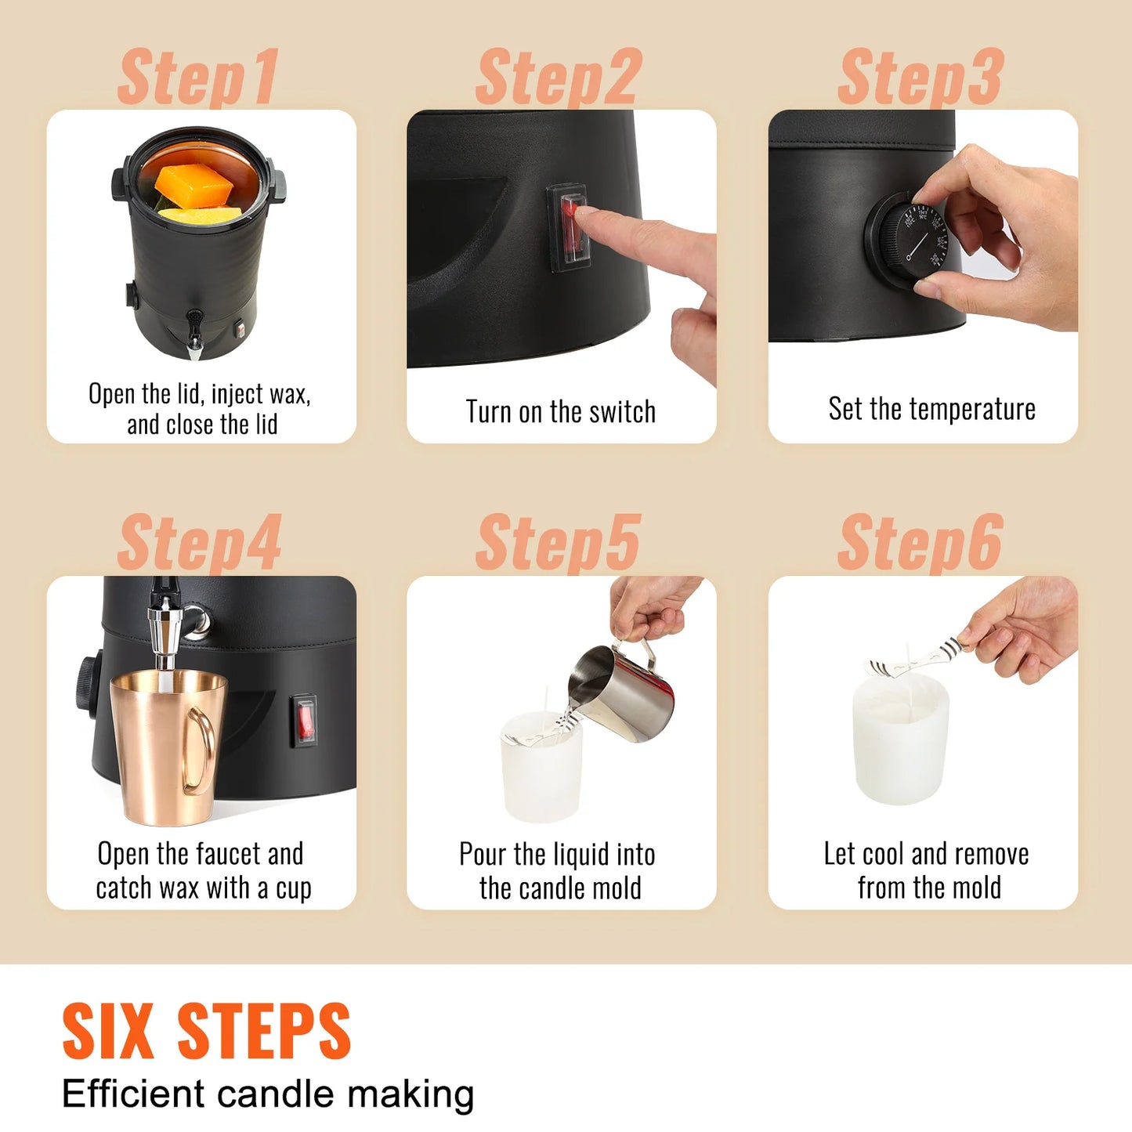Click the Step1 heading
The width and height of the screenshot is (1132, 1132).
(197, 77)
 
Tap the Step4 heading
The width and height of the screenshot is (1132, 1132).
(199, 543)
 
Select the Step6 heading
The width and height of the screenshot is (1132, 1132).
(920, 543)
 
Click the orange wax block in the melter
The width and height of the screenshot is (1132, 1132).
(193, 184)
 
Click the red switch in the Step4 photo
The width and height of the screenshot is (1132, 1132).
(305, 721)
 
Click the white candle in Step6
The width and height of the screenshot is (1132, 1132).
(901, 740)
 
